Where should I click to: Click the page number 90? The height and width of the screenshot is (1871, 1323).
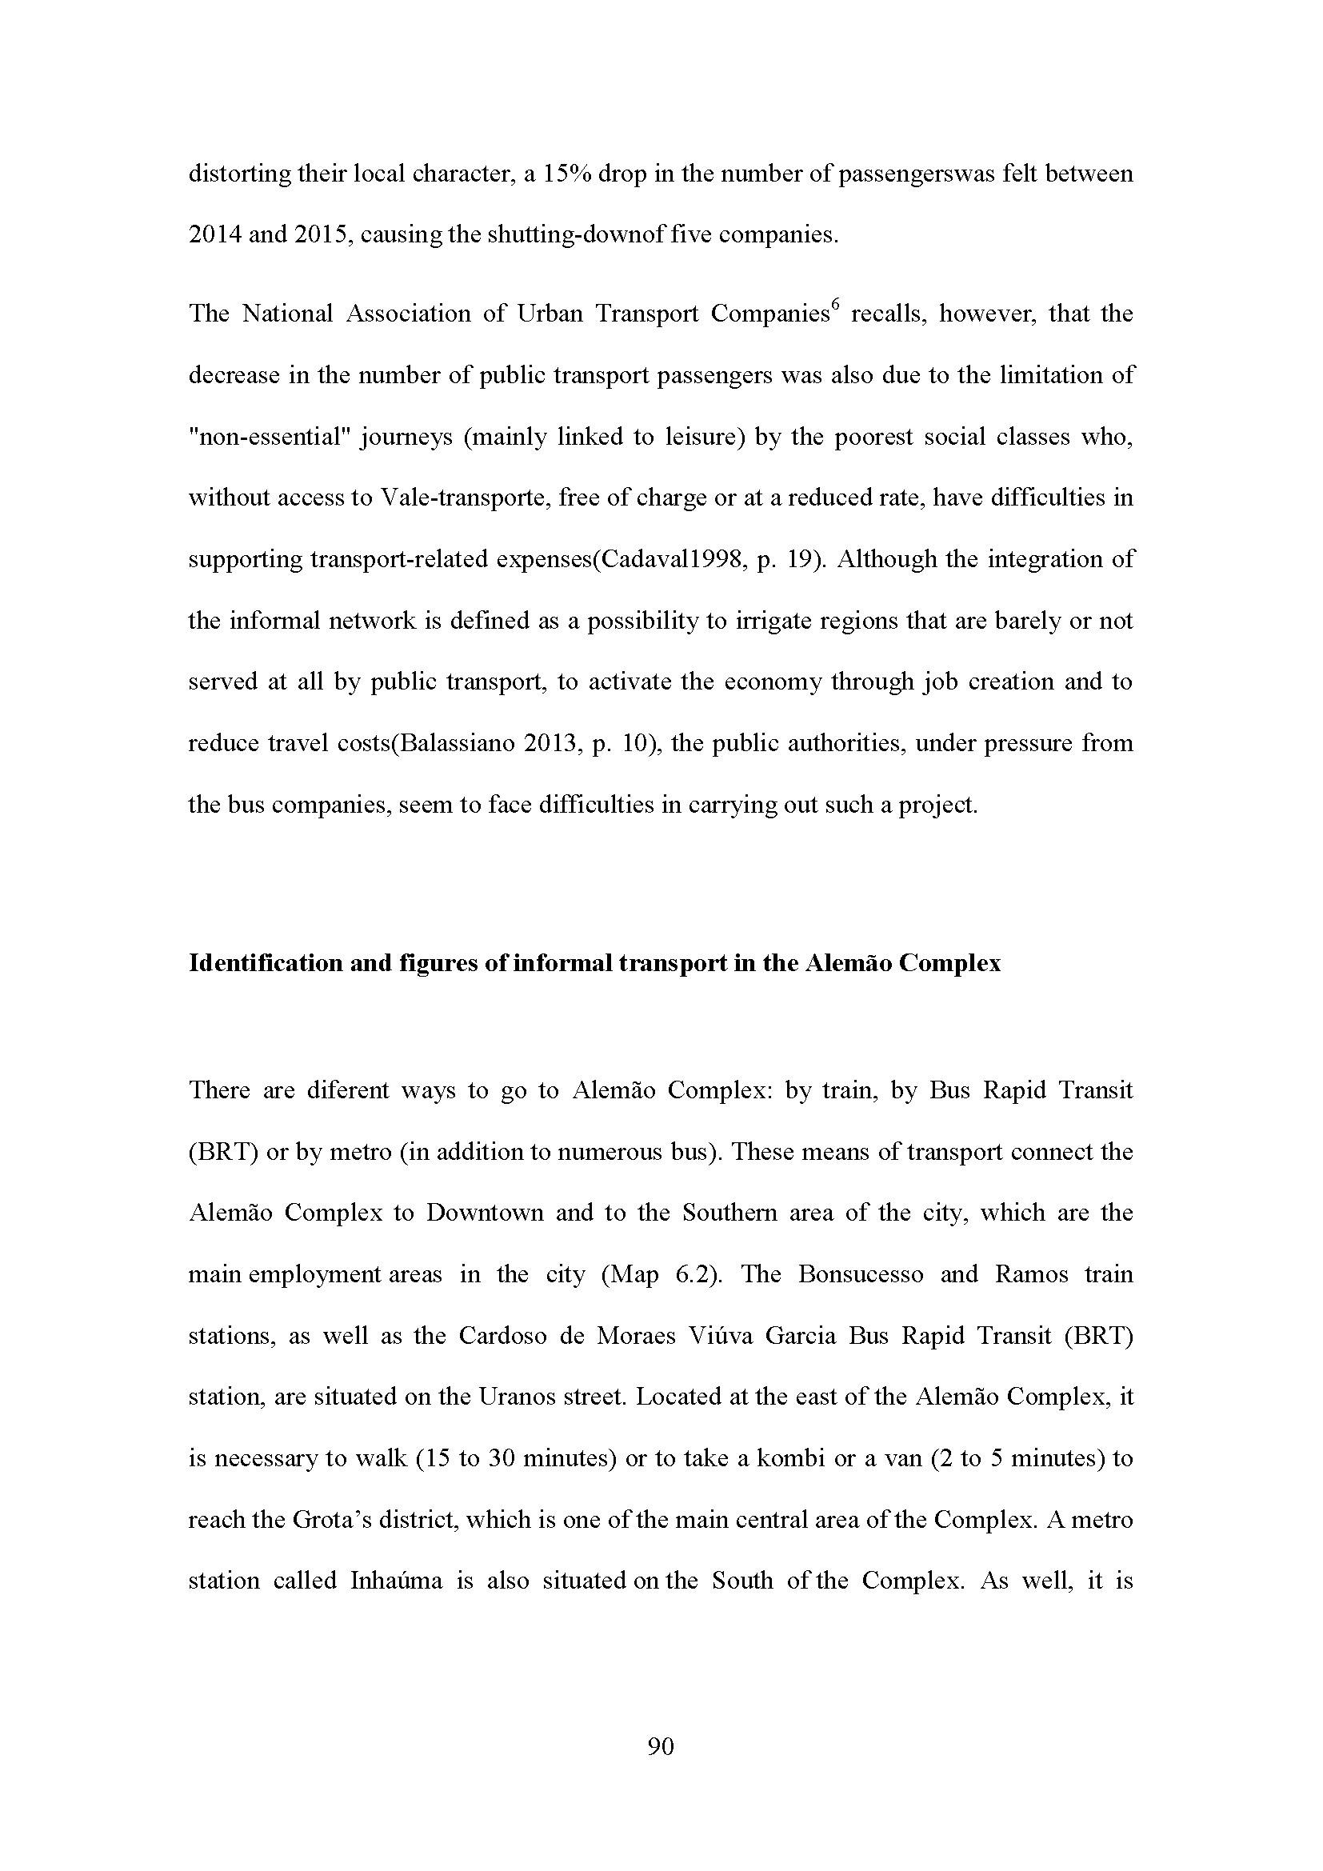click(x=661, y=1746)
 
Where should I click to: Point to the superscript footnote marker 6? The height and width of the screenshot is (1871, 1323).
click(x=834, y=307)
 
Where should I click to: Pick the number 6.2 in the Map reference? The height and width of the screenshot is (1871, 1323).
click(x=693, y=1274)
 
